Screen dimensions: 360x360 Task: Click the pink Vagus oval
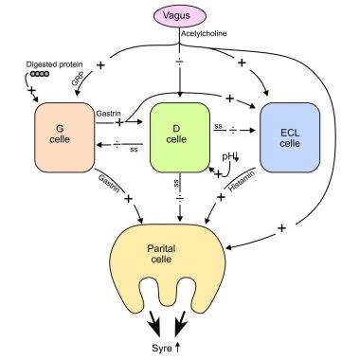pyautogui.click(x=180, y=16)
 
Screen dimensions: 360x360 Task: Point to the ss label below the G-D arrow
pyautogui.click(x=133, y=148)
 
